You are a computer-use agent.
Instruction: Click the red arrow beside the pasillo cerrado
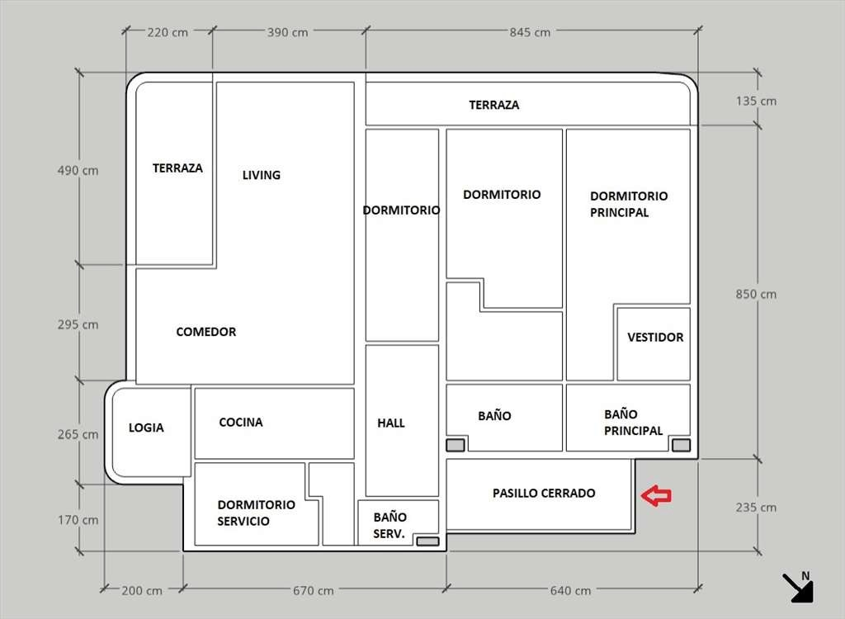[657, 495]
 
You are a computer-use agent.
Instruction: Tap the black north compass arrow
[798, 587]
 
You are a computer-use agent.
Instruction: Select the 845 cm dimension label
[530, 32]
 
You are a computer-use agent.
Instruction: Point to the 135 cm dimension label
[756, 102]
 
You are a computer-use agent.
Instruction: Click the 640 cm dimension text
[570, 591]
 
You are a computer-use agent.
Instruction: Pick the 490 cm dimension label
[78, 171]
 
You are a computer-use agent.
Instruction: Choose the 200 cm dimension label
[142, 591]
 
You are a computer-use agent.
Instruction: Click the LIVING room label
[262, 175]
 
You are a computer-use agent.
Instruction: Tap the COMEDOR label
[206, 332]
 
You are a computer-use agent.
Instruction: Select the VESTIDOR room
[655, 338]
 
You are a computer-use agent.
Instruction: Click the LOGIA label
[146, 428]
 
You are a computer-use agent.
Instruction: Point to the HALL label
[391, 423]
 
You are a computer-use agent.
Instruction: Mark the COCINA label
[241, 423]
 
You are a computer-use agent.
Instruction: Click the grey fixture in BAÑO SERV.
[427, 541]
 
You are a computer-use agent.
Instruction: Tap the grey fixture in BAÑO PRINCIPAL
[681, 446]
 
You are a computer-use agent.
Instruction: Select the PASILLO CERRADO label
[544, 494]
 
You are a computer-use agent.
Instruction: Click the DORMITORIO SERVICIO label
[256, 513]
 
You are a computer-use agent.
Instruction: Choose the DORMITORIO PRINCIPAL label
[629, 204]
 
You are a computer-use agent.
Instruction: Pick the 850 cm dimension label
[756, 295]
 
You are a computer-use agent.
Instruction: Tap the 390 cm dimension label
[287, 32]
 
